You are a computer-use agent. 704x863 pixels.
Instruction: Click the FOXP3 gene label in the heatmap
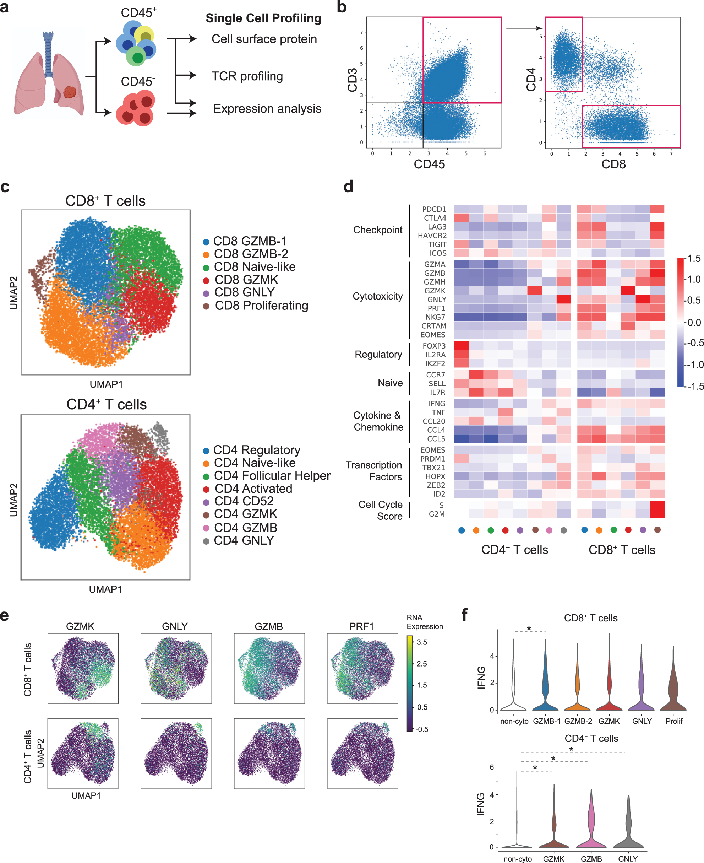pyautogui.click(x=434, y=346)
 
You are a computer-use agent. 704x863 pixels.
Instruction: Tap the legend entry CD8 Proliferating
pyautogui.click(x=261, y=306)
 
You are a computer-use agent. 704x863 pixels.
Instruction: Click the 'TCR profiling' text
pyautogui.click(x=247, y=76)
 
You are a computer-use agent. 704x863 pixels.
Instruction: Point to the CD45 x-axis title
pyautogui.click(x=429, y=164)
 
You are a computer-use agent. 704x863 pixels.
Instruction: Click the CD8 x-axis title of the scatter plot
pyautogui.click(x=613, y=164)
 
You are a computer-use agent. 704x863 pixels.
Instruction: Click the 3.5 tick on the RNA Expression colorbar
pyautogui.click(x=422, y=642)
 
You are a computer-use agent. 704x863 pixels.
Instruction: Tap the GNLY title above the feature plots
pyautogui.click(x=175, y=626)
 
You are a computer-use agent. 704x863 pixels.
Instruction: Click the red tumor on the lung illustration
pyautogui.click(x=70, y=92)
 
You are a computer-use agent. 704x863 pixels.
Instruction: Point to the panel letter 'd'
pyautogui.click(x=348, y=187)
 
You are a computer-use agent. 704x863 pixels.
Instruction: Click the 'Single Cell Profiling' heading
pyautogui.click(x=263, y=18)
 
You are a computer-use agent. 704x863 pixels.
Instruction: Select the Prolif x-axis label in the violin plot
pyautogui.click(x=673, y=721)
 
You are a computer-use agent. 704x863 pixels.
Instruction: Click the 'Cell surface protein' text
pyautogui.click(x=264, y=39)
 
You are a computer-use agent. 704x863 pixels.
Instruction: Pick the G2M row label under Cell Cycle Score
pyautogui.click(x=437, y=514)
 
